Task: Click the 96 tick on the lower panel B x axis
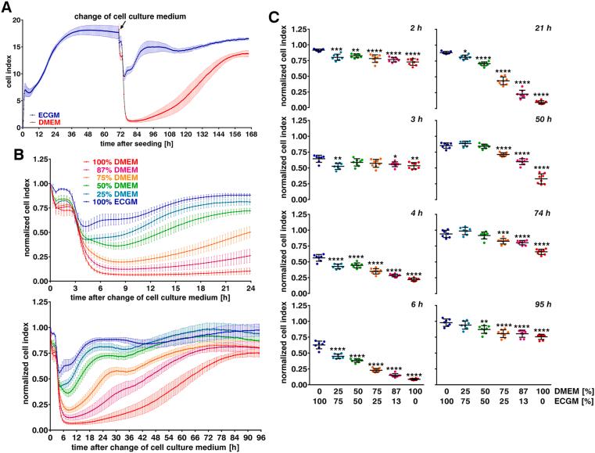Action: click(x=250, y=435)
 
